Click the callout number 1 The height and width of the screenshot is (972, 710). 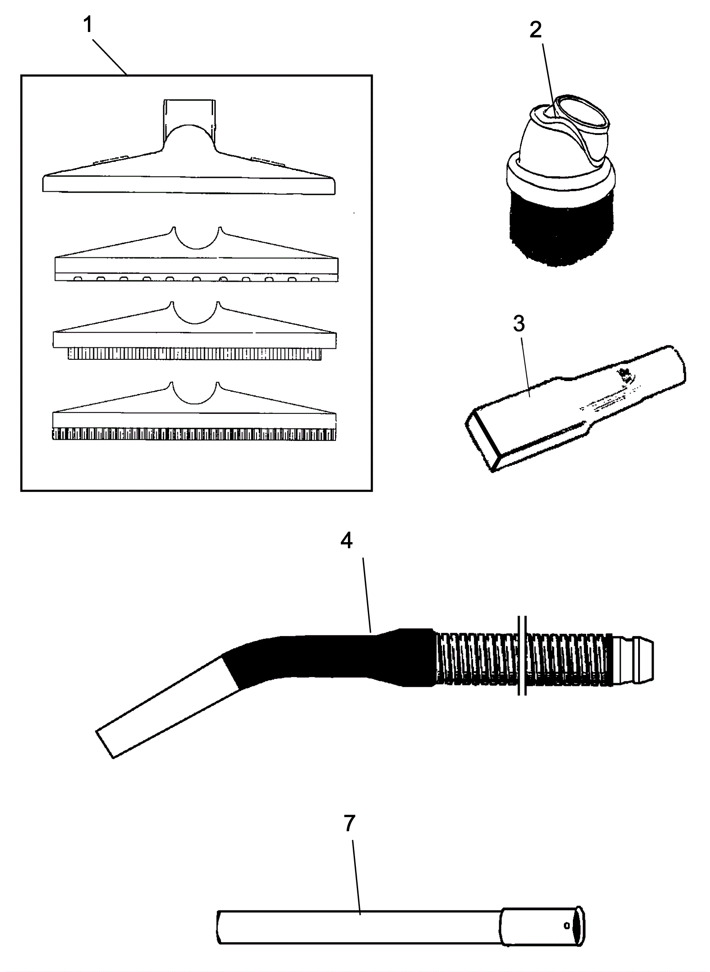tap(88, 25)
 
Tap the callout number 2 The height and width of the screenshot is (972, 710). tap(536, 30)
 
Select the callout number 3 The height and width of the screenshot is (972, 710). tap(519, 324)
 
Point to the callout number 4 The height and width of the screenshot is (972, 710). tap(347, 540)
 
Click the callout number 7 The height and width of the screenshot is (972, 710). tap(350, 823)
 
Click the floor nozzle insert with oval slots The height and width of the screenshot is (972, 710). tap(195, 266)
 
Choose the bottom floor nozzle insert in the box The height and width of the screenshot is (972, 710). tap(194, 421)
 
